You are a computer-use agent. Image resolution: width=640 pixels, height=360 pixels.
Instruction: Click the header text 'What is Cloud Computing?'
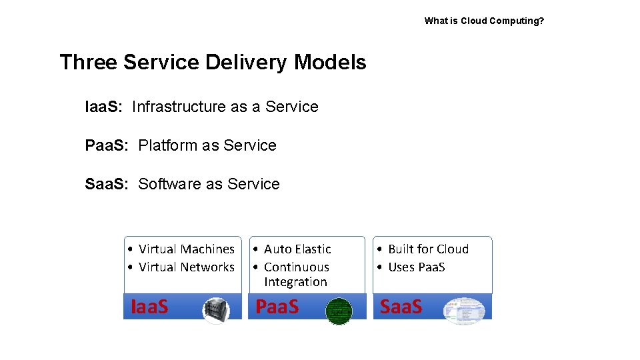pos(484,21)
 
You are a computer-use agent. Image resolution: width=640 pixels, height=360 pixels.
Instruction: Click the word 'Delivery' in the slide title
pos(247,63)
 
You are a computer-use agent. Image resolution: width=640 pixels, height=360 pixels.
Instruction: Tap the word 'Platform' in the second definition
pos(169,145)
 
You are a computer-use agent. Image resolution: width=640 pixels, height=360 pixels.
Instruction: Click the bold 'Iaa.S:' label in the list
pos(103,107)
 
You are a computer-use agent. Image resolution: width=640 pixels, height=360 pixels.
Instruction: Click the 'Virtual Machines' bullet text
pos(187,249)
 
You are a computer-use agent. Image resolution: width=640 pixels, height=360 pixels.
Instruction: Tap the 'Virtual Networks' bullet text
pos(187,267)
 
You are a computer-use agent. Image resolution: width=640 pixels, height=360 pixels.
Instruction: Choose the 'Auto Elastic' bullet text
pos(297,249)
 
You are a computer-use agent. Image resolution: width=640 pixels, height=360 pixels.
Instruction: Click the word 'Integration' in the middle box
pos(295,282)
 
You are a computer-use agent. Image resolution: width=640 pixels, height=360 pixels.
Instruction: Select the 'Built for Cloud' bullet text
pos(428,249)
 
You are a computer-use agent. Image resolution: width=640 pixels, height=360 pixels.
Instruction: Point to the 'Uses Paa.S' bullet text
pos(416,267)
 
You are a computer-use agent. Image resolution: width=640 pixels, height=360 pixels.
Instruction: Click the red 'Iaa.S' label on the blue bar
pos(149,307)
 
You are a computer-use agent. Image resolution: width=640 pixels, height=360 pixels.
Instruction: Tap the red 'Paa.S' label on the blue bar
pos(277,307)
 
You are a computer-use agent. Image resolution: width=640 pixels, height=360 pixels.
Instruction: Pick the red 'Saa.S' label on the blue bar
pos(401,307)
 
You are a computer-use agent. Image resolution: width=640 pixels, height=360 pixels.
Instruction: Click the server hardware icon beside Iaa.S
pos(215,310)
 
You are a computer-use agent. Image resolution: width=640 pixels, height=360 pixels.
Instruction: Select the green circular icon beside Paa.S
pos(338,311)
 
